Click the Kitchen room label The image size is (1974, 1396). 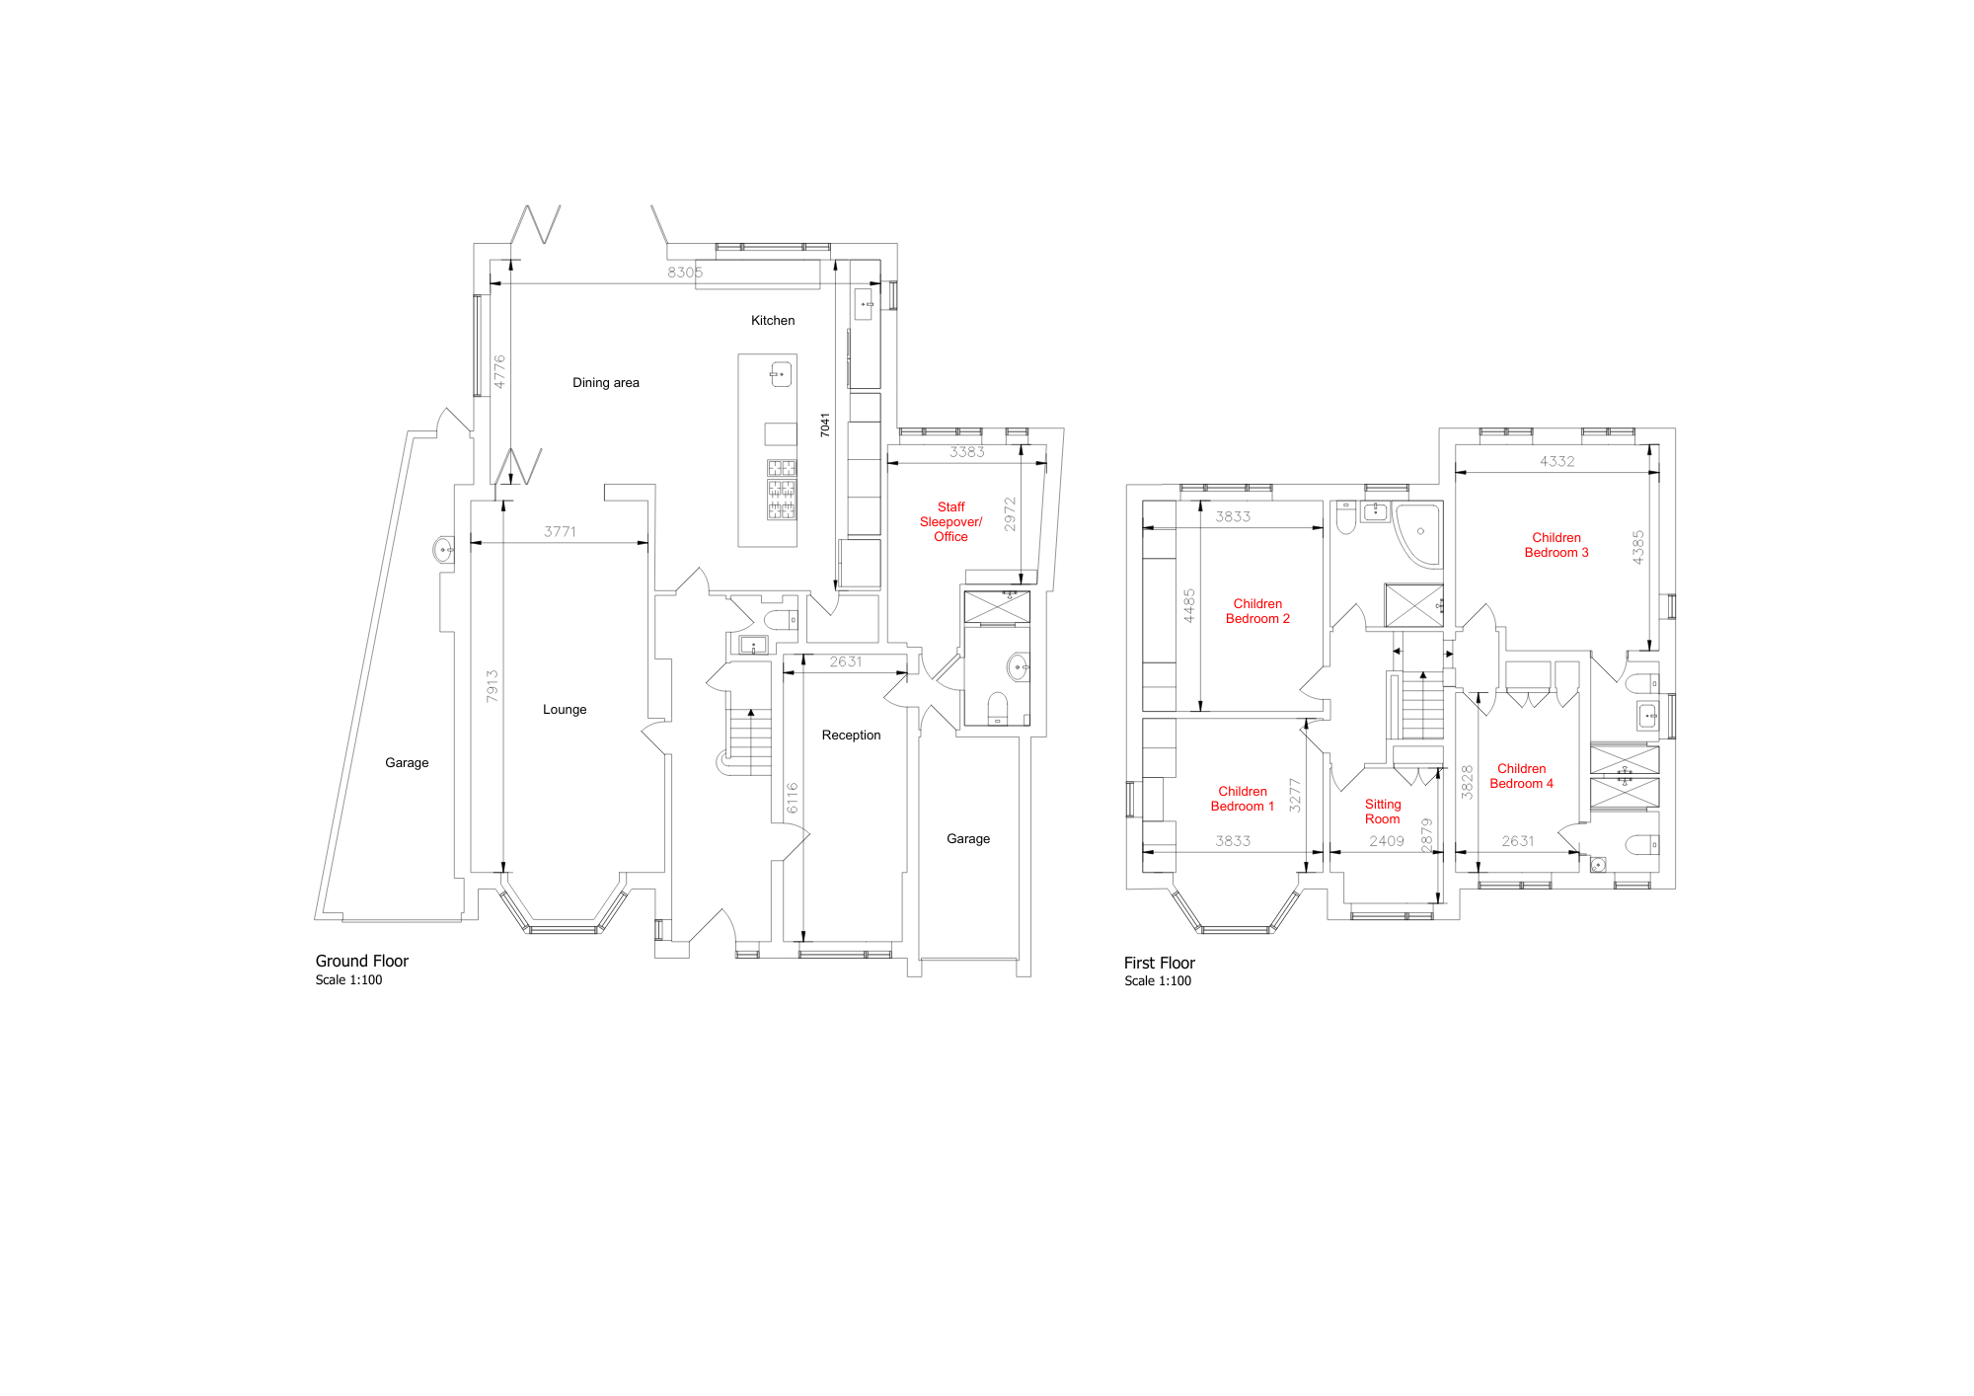(773, 321)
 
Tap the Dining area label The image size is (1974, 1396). (606, 383)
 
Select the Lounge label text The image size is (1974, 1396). (565, 710)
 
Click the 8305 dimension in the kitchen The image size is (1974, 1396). (685, 272)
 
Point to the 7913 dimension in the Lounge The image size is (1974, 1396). (493, 686)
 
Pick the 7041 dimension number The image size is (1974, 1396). (825, 426)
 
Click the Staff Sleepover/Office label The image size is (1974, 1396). (950, 522)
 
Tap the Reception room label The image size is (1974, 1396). (851, 736)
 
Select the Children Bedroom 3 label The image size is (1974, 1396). (1556, 546)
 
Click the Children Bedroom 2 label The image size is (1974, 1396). (1257, 612)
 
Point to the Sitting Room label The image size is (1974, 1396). (1383, 813)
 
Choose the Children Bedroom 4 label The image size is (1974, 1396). (1521, 777)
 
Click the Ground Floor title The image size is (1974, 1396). (362, 962)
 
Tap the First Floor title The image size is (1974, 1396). (1160, 964)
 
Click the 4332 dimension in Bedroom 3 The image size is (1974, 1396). (1557, 462)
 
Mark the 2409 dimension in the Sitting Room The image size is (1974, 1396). (1387, 842)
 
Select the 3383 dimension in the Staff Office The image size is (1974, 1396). (967, 452)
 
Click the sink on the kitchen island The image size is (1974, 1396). (781, 374)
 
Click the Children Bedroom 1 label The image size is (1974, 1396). (1243, 800)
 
